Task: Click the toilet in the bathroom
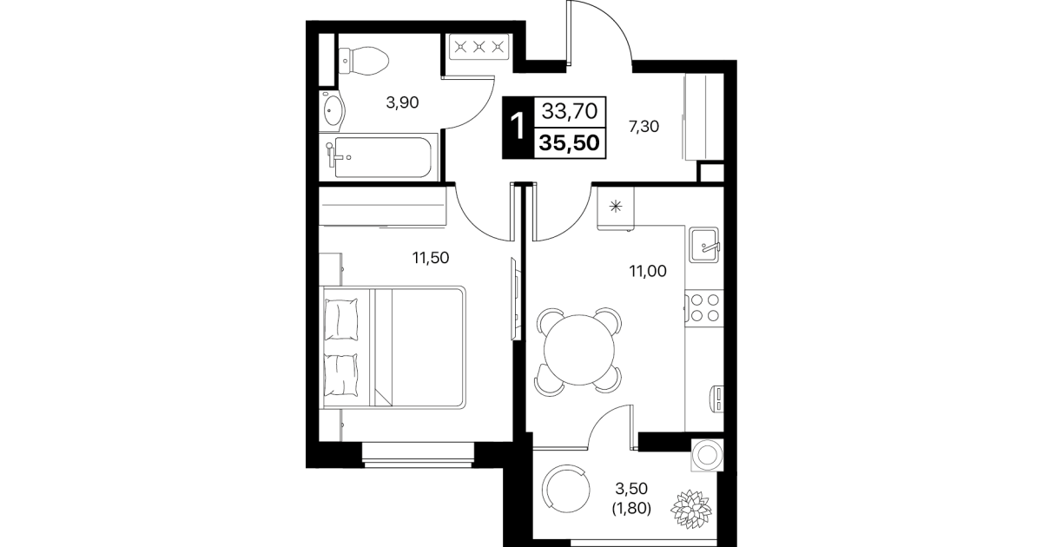tap(363, 61)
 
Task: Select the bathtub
tap(383, 157)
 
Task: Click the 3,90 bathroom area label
tap(402, 102)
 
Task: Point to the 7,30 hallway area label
tap(644, 126)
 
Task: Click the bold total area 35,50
tap(569, 143)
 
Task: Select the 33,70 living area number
tap(570, 111)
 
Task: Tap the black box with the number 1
tap(518, 127)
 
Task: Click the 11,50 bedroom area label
tap(430, 258)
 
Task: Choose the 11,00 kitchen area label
tap(648, 271)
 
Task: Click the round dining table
tap(578, 350)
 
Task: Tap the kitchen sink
tap(704, 244)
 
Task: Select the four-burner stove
tap(704, 307)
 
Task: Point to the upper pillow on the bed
tap(341, 320)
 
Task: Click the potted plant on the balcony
tap(691, 510)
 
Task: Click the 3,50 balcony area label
tap(631, 488)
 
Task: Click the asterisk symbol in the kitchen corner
tap(616, 207)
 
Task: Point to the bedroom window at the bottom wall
tap(418, 455)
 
